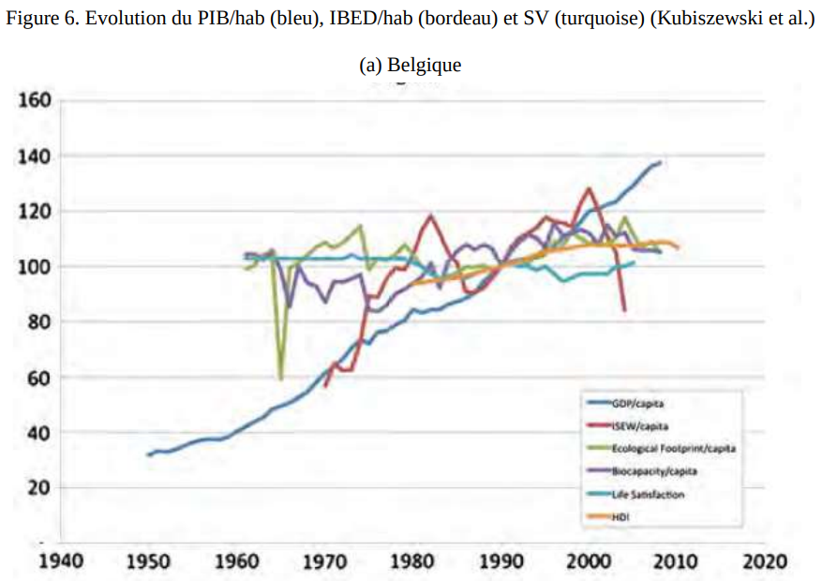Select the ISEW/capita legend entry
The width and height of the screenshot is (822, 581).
(x=641, y=425)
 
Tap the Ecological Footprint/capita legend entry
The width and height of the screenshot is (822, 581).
(x=673, y=449)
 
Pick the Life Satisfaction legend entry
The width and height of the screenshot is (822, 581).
(x=648, y=494)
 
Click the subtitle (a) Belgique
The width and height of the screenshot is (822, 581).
(x=411, y=66)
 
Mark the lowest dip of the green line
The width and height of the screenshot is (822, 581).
(x=280, y=378)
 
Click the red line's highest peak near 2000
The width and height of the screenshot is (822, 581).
(x=589, y=188)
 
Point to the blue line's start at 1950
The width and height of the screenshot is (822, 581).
(x=148, y=455)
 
